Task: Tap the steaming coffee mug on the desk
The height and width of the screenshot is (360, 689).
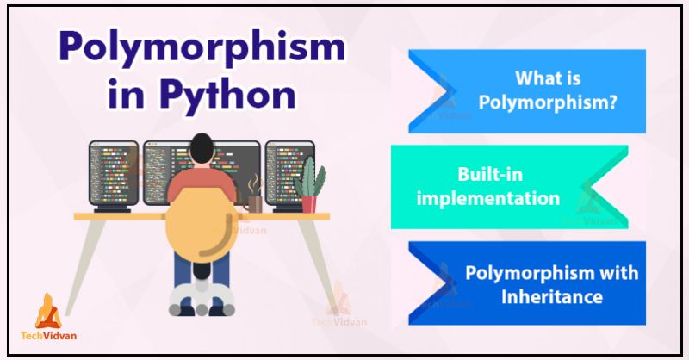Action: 255,202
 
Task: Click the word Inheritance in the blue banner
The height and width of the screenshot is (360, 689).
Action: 552,297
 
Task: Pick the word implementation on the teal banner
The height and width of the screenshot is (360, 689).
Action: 487,198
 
